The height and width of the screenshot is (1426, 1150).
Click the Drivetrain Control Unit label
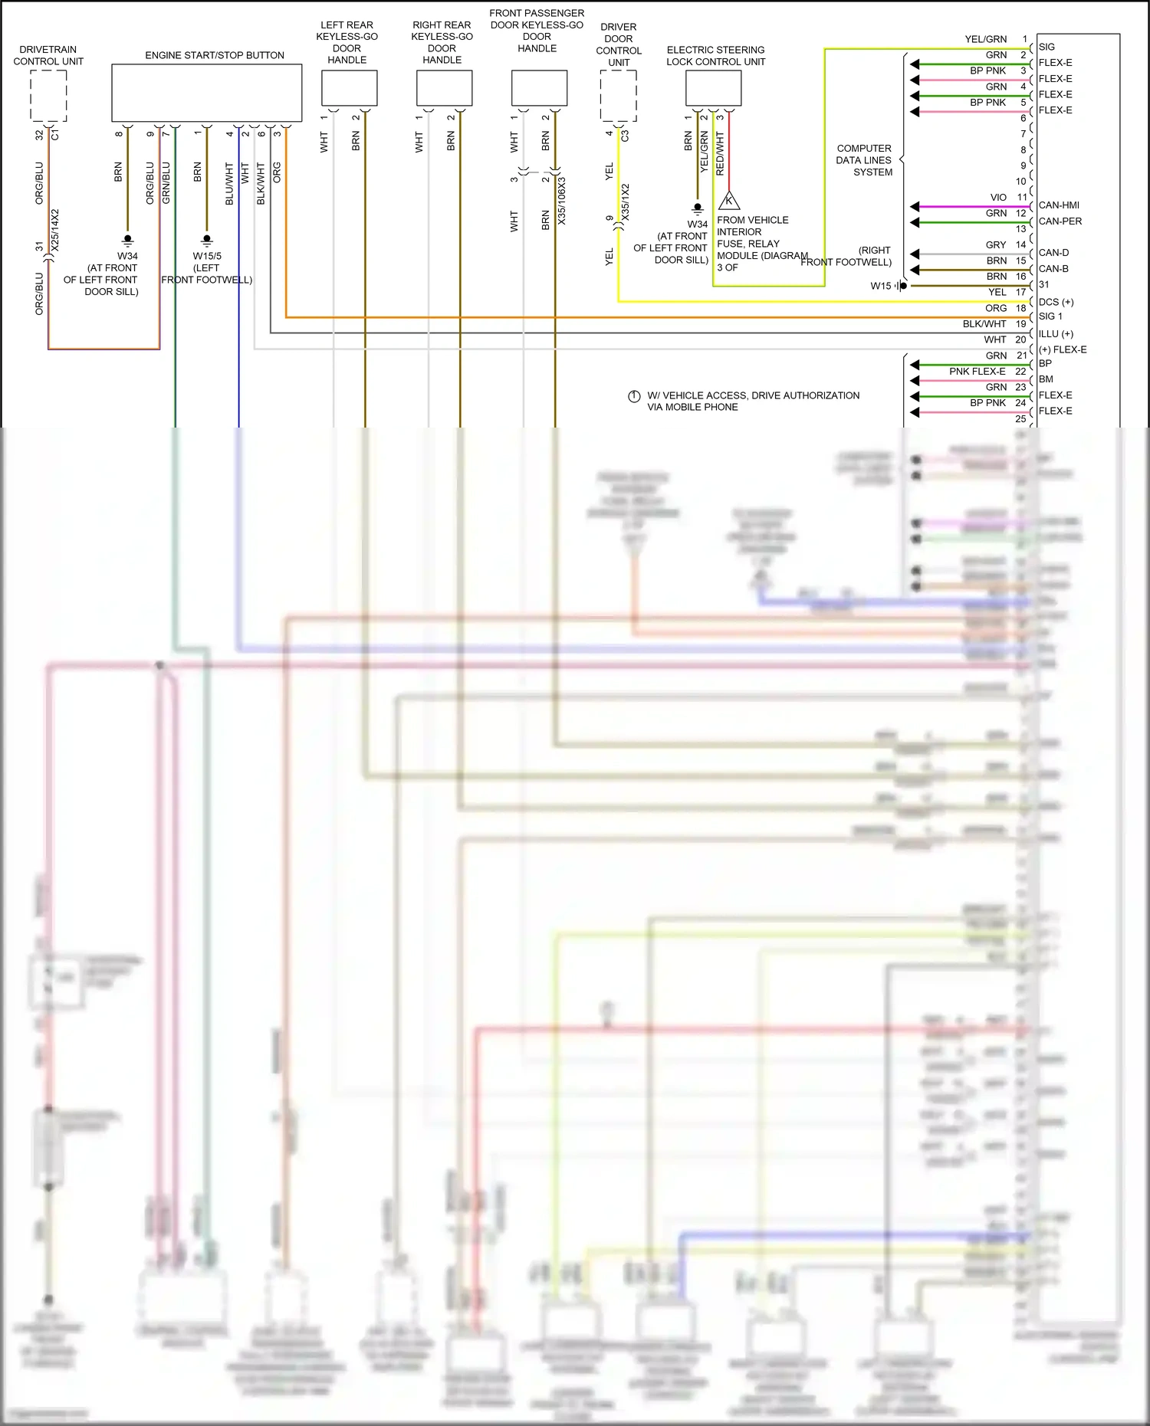tap(48, 55)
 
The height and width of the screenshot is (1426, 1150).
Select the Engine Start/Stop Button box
tap(206, 93)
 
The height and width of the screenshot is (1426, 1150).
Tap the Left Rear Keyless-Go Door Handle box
tap(349, 88)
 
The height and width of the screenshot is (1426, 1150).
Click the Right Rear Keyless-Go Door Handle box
tap(444, 88)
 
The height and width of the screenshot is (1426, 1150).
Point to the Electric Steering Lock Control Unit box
tap(713, 88)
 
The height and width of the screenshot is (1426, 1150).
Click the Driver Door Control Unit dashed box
tap(618, 96)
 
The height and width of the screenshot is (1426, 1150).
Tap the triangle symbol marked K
tap(728, 202)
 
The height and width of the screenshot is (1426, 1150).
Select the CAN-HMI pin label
tap(1059, 205)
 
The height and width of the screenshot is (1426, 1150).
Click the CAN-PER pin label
tap(1060, 221)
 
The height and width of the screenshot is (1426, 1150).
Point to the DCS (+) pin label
tap(1056, 302)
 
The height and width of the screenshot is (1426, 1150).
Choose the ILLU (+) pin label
tap(1056, 334)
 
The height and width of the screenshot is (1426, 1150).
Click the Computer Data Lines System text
tap(864, 160)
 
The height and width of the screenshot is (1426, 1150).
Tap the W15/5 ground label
tap(207, 256)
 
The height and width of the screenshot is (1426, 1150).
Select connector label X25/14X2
tap(54, 231)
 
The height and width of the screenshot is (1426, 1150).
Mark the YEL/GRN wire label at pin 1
tap(985, 39)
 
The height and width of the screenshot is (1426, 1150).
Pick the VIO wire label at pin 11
tap(997, 198)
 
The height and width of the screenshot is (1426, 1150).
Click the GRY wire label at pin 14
tap(996, 245)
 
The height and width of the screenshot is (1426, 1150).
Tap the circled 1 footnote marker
tap(634, 396)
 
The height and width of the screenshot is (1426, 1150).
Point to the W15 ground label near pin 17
tap(881, 286)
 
